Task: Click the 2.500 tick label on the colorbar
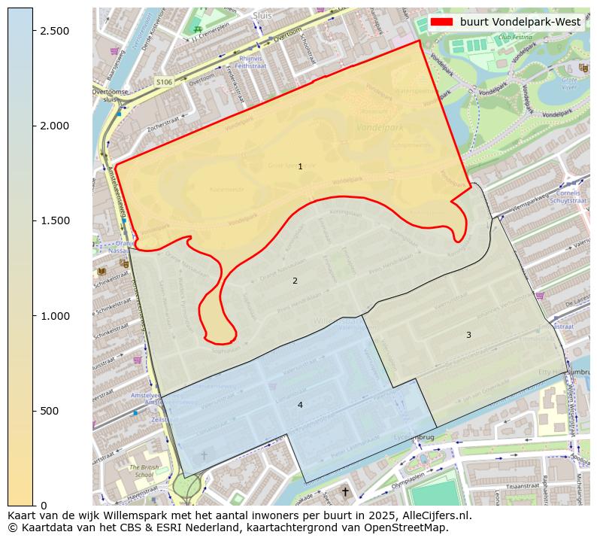pos(56,30)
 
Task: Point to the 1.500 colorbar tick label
pos(56,220)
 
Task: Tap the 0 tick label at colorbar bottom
pos(43,506)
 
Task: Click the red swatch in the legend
pos(441,22)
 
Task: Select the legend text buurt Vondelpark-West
pos(520,22)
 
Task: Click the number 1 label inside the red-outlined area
pos(300,166)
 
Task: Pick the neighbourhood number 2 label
pos(295,281)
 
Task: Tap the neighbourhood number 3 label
pos(468,335)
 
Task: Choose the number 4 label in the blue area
pos(300,405)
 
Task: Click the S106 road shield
pos(164,81)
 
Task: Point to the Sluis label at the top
pos(262,14)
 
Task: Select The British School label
pos(144,471)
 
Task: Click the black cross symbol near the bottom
pos(345,492)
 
